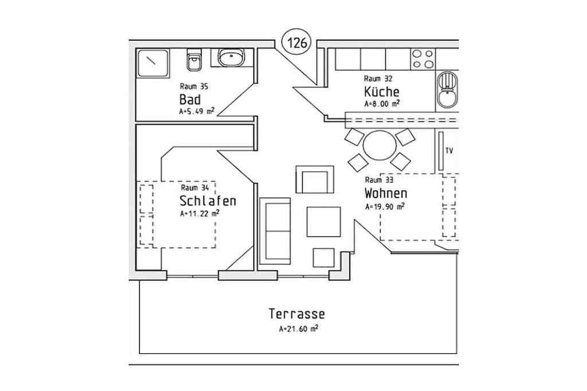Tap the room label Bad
(190, 100)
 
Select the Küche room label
(381, 91)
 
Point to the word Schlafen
(208, 201)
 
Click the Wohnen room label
(386, 193)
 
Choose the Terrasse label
(296, 314)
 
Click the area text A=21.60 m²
(298, 329)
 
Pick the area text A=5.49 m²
(197, 111)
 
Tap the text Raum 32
(378, 78)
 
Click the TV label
(449, 151)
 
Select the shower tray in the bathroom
(152, 63)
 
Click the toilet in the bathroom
(193, 60)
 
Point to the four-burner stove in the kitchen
(423, 59)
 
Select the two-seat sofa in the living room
(275, 231)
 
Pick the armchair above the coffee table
(315, 179)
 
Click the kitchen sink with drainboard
(447, 90)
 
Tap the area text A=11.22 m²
(199, 214)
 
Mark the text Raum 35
(194, 86)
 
